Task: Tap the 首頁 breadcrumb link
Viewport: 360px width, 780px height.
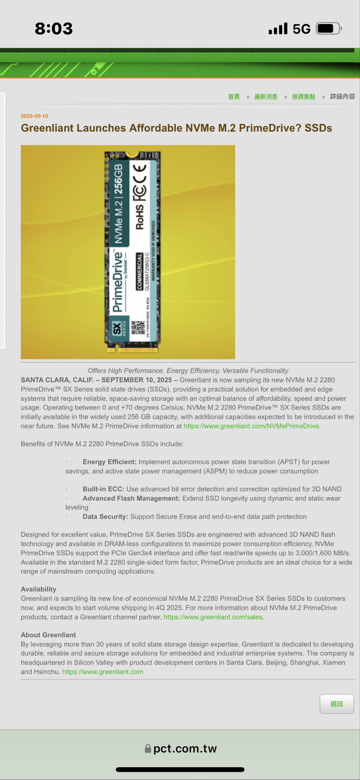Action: (234, 97)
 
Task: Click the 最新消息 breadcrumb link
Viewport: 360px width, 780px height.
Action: (266, 97)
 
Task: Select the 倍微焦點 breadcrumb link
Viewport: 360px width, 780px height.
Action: (303, 97)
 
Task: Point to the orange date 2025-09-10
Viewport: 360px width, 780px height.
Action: (34, 116)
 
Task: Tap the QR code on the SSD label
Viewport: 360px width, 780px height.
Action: (138, 327)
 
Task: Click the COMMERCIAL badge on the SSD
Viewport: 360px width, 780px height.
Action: (139, 271)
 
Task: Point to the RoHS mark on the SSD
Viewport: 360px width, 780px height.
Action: (140, 217)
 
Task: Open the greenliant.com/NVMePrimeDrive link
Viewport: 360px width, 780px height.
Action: (251, 426)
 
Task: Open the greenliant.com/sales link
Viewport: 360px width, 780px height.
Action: (213, 617)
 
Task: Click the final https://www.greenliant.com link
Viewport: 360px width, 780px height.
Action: (103, 672)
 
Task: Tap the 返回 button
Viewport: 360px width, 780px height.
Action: (336, 704)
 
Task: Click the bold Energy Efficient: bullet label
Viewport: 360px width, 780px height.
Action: (109, 462)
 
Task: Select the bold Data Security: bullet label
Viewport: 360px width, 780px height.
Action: (105, 517)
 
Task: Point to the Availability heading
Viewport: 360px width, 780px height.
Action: (38, 589)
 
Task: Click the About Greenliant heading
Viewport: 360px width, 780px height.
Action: (48, 635)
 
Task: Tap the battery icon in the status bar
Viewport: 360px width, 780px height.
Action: (328, 29)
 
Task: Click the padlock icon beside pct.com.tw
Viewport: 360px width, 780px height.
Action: (148, 749)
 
